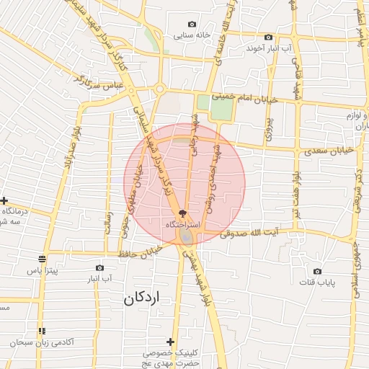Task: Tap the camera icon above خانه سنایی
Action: pyautogui.click(x=191, y=24)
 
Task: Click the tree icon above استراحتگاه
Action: pyautogui.click(x=182, y=213)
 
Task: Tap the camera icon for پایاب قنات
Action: pyautogui.click(x=317, y=272)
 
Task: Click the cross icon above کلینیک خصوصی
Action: pyautogui.click(x=170, y=341)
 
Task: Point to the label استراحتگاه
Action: pyautogui.click(x=181, y=225)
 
